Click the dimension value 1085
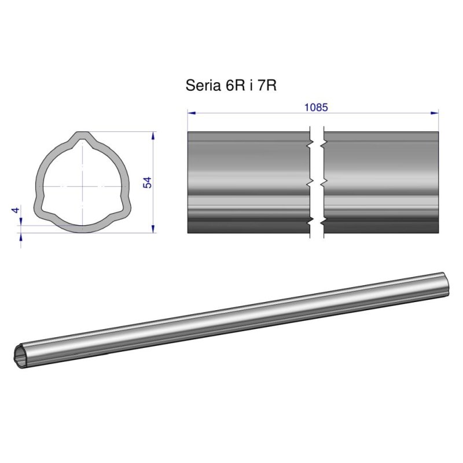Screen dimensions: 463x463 click(x=316, y=107)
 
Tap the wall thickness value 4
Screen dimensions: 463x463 click(x=16, y=210)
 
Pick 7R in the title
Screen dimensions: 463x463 click(x=266, y=86)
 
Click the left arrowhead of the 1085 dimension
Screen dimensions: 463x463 click(x=190, y=113)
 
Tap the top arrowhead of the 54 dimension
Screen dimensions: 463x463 click(x=153, y=135)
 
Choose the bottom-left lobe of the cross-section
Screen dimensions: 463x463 click(x=42, y=208)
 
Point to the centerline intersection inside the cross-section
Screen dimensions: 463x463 click(x=83, y=186)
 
